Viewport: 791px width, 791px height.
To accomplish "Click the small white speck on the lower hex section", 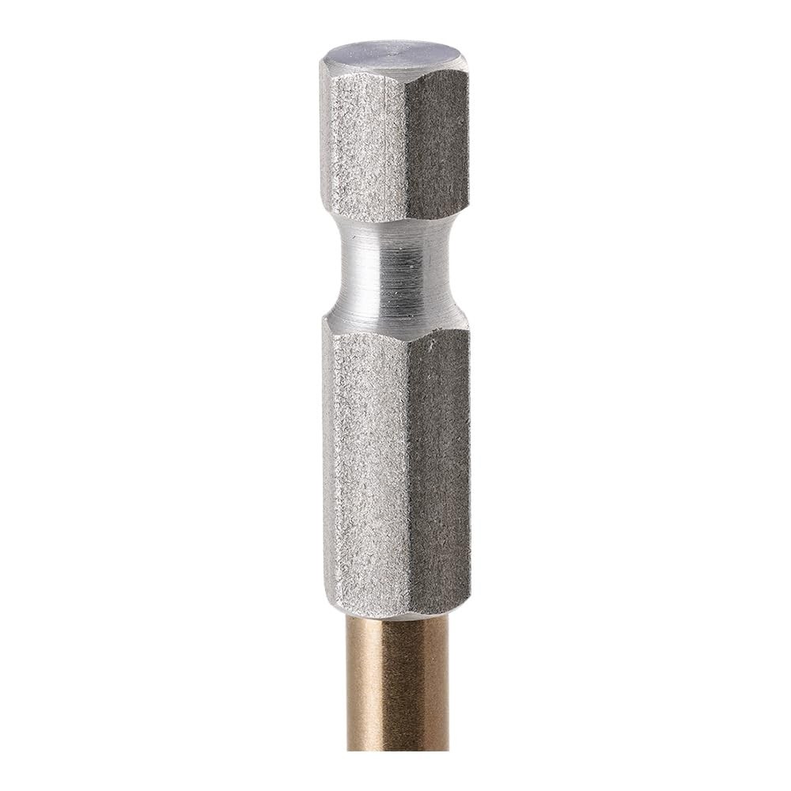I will click(x=429, y=346).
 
